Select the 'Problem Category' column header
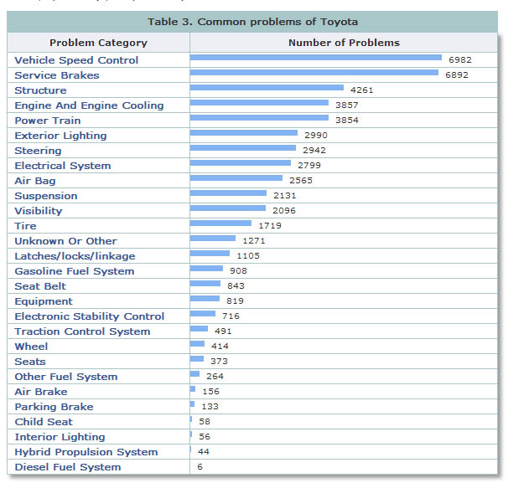point(98,43)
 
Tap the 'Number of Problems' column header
point(344,43)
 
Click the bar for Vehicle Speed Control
point(315,58)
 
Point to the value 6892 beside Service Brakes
point(456,75)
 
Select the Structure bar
point(267,88)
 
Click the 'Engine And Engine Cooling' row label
point(89,105)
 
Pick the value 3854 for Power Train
point(346,121)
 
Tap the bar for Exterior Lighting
point(243,133)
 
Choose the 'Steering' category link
point(38,151)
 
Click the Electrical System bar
point(240,163)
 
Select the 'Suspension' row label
point(45,196)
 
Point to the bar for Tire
point(220,224)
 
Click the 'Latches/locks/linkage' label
point(75,256)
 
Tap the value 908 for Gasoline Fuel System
point(238,271)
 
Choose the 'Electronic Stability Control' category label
point(89,316)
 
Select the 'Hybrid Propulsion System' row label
point(86,452)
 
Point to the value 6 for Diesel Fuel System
point(200,467)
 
